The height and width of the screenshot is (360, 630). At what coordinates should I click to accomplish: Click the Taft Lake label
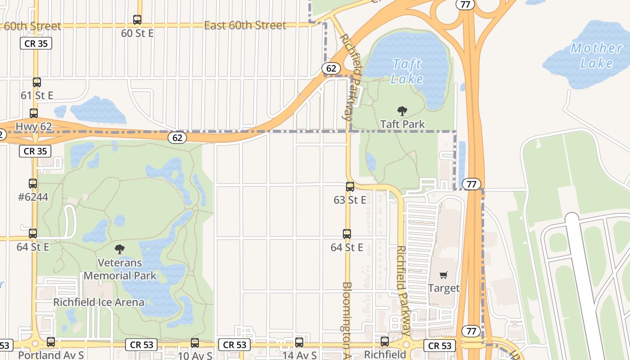pos(407,72)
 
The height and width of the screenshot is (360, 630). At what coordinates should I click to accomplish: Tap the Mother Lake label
pos(596,55)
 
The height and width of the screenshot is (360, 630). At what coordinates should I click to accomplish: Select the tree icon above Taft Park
pos(402,111)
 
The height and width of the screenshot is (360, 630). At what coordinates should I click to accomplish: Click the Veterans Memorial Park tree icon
pos(120,249)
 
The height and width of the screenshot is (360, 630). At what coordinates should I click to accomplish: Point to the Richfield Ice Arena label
pos(99,302)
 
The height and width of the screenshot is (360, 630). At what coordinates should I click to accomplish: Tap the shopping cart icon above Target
pos(444,275)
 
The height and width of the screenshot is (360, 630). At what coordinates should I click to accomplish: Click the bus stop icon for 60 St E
pos(137,20)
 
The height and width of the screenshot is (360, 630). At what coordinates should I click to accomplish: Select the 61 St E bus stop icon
pos(37,82)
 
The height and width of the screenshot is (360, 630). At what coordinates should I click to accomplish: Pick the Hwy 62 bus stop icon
pos(34,113)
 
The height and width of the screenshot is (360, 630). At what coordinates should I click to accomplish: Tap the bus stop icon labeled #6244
pos(33,184)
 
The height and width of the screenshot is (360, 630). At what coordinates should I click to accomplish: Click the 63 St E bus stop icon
pos(350,187)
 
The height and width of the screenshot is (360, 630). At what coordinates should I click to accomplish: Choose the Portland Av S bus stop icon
pos(51,342)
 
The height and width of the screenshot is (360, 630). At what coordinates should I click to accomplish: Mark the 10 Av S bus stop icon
pos(195,342)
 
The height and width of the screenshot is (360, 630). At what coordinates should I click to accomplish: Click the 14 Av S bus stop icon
pos(299,342)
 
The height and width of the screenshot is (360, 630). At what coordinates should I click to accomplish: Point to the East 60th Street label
pos(245,25)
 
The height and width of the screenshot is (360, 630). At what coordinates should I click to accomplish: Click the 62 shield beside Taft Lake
pos(331,68)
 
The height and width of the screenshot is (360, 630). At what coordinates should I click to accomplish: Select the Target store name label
pos(444,288)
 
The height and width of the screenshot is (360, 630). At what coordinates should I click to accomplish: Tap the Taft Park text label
pos(402,124)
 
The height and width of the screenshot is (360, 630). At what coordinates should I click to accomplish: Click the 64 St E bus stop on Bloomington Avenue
pos(347,234)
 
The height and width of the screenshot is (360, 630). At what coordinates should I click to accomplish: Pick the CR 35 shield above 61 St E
pos(36,43)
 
